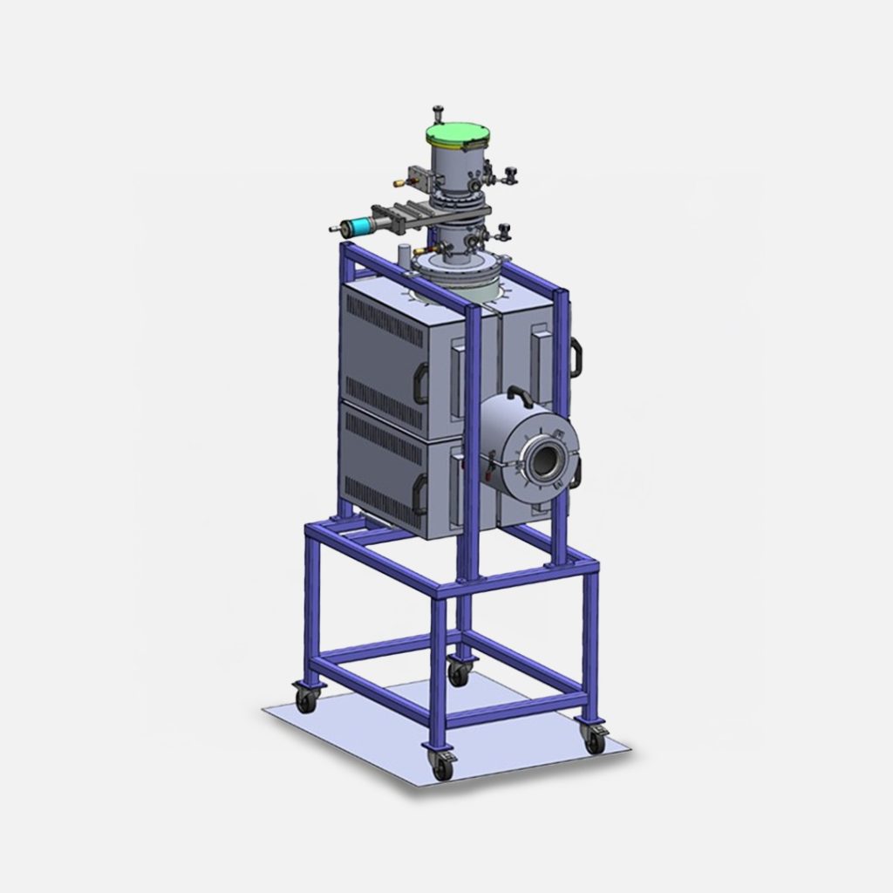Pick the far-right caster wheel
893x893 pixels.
coord(595,740)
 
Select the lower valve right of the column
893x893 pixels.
coord(505,231)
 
